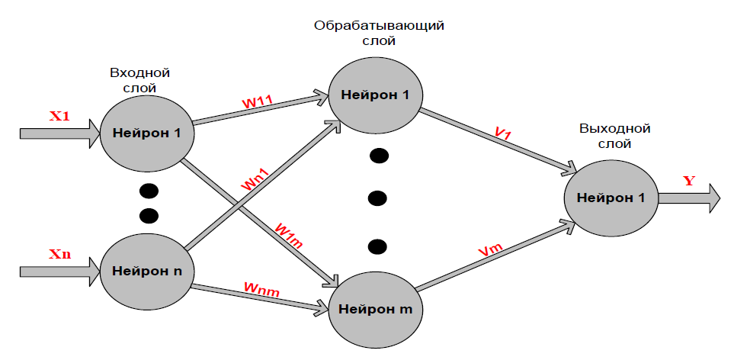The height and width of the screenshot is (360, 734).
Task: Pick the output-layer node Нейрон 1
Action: coord(611,198)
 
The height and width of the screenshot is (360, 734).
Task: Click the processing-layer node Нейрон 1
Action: coord(375,95)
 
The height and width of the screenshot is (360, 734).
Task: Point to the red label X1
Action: coord(59,117)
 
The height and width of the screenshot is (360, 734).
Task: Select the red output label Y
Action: coord(689,181)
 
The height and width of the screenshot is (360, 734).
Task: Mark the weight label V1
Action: coord(502,133)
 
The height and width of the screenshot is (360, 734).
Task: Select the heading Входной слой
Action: coord(139,80)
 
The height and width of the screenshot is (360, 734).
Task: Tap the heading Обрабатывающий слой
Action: coord(379,33)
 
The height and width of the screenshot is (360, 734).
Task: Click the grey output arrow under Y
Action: coord(689,198)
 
